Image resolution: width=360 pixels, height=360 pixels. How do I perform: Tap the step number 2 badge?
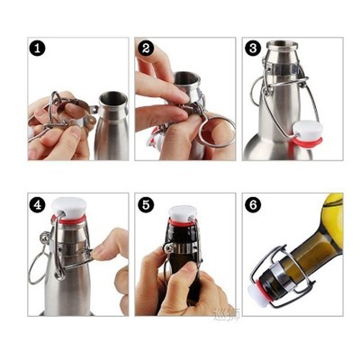click(x=146, y=49)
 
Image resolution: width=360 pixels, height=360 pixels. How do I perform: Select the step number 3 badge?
click(x=253, y=49)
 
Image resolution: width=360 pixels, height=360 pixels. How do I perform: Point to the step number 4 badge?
click(x=37, y=204)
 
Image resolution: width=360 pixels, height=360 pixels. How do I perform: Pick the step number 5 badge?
click(x=146, y=204)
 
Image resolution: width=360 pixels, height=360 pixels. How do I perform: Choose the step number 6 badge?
click(x=253, y=204)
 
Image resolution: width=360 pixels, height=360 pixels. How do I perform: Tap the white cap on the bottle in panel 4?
click(x=67, y=206)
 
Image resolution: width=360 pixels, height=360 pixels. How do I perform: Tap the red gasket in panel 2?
click(x=156, y=136)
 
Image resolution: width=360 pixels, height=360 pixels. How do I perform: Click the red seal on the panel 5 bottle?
click(x=183, y=223)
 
